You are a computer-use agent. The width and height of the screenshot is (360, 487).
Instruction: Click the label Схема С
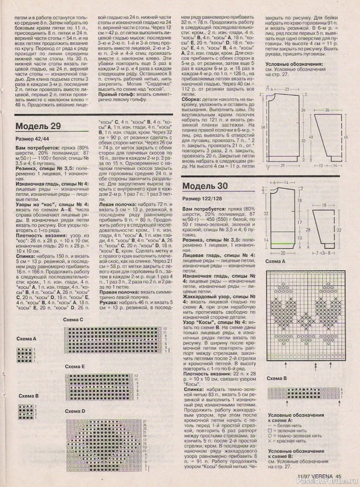coord(74,336)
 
